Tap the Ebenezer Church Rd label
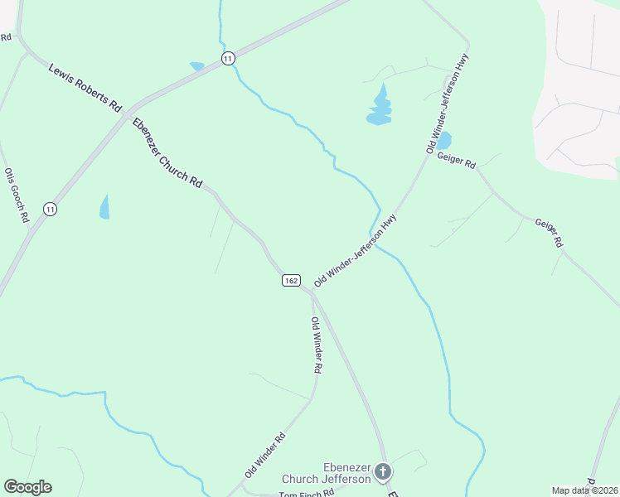(x=167, y=155)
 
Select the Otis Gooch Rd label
(x=17, y=195)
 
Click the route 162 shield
(x=290, y=281)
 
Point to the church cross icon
(x=382, y=472)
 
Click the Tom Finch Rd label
(x=306, y=493)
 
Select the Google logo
(x=27, y=487)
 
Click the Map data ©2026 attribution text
(x=585, y=490)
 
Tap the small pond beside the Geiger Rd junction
(x=443, y=140)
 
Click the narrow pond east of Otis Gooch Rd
(x=104, y=206)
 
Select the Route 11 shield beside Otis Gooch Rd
(x=51, y=208)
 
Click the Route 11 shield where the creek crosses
(x=228, y=57)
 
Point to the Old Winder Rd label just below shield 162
(x=316, y=344)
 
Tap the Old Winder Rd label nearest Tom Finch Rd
(x=265, y=455)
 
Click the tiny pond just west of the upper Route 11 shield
(x=196, y=65)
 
